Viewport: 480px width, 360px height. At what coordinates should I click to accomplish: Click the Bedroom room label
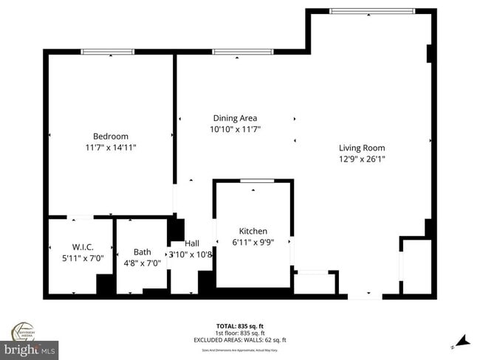click(x=110, y=136)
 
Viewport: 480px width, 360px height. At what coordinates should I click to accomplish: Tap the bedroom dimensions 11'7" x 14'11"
click(x=110, y=148)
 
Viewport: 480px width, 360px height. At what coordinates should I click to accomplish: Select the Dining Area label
click(x=235, y=118)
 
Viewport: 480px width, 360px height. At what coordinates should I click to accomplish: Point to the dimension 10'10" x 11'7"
click(x=235, y=130)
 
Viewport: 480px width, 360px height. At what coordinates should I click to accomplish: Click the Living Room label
click(x=362, y=148)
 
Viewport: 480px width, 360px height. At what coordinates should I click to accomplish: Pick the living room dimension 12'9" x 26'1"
click(x=362, y=159)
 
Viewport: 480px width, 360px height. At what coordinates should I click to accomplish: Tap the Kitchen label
click(x=253, y=231)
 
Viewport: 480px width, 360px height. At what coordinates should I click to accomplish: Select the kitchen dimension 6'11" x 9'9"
click(x=253, y=243)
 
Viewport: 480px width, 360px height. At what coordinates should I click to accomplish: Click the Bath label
click(x=142, y=252)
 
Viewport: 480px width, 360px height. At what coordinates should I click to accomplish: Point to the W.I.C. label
click(x=82, y=247)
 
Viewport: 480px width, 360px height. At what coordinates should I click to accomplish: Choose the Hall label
click(x=192, y=243)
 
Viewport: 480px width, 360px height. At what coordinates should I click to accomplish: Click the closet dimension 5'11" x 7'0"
click(x=82, y=259)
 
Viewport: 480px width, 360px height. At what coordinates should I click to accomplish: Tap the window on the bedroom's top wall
click(x=107, y=52)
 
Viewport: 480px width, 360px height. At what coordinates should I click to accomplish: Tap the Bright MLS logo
click(x=30, y=347)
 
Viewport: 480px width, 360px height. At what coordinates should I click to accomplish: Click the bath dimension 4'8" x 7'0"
click(x=142, y=263)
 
